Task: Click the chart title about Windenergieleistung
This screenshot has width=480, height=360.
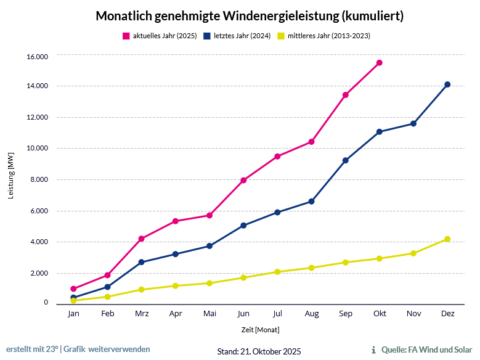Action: [x=250, y=16]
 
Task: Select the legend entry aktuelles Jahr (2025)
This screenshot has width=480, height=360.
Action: [x=160, y=36]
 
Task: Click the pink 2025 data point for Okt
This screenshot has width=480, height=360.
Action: [x=380, y=63]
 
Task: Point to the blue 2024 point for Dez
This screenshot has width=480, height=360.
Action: [x=447, y=84]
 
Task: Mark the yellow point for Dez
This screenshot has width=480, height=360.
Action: [x=447, y=239]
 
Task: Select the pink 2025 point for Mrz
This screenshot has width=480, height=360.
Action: [x=142, y=239]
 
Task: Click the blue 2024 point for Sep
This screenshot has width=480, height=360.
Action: [x=346, y=160]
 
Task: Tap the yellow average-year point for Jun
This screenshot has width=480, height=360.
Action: [x=243, y=277]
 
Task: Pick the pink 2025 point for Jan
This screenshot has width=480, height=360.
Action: [x=73, y=288]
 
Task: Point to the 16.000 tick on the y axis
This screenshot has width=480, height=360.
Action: [x=37, y=57]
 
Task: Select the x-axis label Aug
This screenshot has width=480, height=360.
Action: [x=312, y=314]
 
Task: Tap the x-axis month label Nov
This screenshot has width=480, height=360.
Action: [x=413, y=314]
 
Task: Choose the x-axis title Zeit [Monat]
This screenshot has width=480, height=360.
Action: [x=259, y=330]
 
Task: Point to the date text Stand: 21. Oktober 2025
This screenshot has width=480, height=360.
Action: [x=259, y=351]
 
